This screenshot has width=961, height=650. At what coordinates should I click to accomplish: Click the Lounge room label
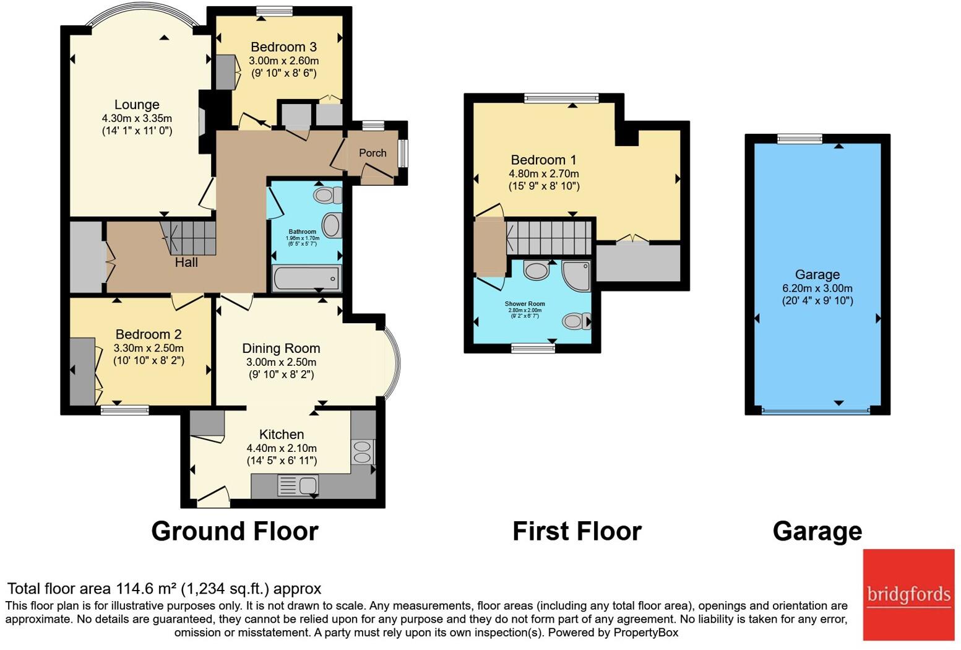(x=137, y=105)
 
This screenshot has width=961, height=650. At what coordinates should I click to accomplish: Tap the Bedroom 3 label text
(x=283, y=47)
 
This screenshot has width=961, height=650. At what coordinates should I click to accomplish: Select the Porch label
(x=373, y=153)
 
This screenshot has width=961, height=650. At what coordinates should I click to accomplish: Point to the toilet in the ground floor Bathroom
(x=327, y=196)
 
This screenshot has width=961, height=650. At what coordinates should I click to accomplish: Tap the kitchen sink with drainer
(x=298, y=485)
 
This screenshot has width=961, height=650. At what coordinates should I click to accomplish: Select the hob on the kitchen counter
(x=363, y=451)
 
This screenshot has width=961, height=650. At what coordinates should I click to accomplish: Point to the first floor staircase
(x=549, y=236)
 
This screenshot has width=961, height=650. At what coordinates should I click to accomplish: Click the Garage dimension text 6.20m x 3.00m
(x=817, y=288)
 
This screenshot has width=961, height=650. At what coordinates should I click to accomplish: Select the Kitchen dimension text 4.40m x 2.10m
(x=282, y=448)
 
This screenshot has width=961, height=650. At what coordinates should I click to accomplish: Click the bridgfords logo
(x=908, y=594)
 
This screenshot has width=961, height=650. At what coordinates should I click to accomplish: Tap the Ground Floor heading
(x=235, y=531)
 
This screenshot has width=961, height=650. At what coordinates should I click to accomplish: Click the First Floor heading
(x=577, y=531)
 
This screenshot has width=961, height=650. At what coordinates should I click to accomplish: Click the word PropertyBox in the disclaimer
(x=645, y=633)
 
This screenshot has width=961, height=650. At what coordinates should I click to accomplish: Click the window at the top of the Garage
(x=799, y=139)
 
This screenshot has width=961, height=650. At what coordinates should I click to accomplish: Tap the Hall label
(x=186, y=262)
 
